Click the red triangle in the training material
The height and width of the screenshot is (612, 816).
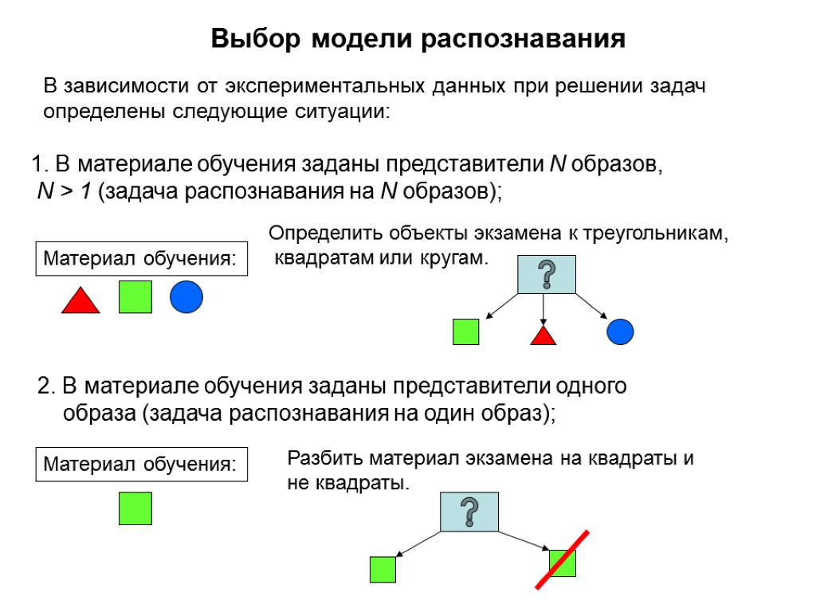pos(80,302)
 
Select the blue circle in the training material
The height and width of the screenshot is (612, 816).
pos(186,297)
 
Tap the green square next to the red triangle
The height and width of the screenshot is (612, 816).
pos(135,296)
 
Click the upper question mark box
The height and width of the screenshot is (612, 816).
pos(546,274)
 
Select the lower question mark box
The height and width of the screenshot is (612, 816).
pos(469,512)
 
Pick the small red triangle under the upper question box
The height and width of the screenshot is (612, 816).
pos(543,336)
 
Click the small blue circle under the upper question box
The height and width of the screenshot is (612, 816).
pos(620,331)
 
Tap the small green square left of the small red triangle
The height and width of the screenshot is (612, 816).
pos(465,331)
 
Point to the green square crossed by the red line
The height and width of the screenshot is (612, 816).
pos(563,563)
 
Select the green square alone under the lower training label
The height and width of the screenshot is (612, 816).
pos(135,508)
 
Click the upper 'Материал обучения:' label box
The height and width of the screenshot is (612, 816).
pos(141,259)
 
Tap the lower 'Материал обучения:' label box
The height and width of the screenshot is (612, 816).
pos(141,465)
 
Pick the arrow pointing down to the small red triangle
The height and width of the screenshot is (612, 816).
pos(543,309)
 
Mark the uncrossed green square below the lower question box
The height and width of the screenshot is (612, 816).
pos(382,569)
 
